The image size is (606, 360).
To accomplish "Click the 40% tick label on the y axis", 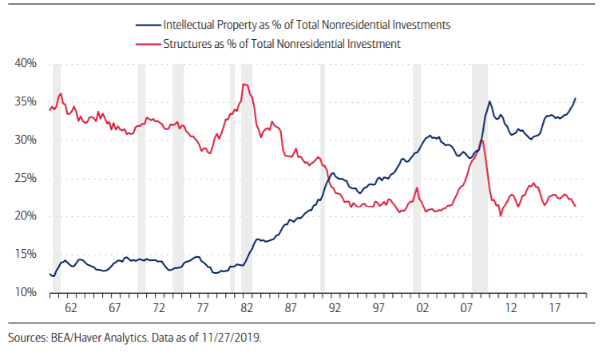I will [25, 64].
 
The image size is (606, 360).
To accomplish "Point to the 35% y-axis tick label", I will [25, 102].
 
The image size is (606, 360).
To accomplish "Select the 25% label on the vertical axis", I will [25, 179].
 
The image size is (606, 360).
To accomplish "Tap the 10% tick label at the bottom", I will [25, 293].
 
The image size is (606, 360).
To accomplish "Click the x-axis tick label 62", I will [69, 308].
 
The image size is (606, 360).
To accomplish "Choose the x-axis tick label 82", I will [246, 308].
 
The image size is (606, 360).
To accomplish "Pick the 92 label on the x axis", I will [334, 308].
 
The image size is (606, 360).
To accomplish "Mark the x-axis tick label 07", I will [465, 308].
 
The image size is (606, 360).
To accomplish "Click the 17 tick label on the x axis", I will [553, 308].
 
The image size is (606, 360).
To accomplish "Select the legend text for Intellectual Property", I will [307, 25].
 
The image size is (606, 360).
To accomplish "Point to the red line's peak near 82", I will [244, 84].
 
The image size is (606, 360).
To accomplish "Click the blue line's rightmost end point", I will [576, 98].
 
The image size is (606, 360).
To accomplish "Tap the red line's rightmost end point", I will [576, 207].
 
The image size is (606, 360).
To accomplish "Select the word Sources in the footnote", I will [26, 337].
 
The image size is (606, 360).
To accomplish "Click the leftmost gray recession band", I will [57, 179].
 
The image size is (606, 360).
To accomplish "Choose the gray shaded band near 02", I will [417, 179].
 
